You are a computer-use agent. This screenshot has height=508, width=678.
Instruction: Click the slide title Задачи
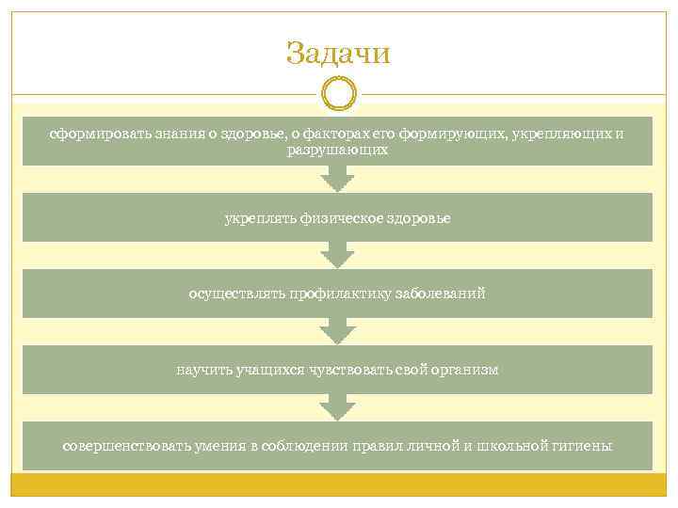[338, 53]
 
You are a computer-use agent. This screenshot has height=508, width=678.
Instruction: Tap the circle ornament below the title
[338, 94]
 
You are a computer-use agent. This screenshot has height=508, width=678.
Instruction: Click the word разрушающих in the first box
[337, 150]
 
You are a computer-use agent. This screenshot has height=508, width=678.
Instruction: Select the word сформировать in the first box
[90, 135]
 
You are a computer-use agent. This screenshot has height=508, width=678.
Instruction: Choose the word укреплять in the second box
[254, 218]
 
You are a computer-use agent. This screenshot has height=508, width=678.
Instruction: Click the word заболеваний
[442, 294]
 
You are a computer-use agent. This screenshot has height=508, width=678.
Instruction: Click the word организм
[462, 370]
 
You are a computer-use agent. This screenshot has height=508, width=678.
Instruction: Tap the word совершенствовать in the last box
[117, 445]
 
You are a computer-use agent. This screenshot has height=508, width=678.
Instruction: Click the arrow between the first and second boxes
[337, 179]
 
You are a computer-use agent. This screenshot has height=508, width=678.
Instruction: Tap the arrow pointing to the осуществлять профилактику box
[337, 255]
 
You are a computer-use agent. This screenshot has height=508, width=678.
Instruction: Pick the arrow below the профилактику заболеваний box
[337, 331]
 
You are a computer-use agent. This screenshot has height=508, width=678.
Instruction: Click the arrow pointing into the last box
[337, 407]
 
